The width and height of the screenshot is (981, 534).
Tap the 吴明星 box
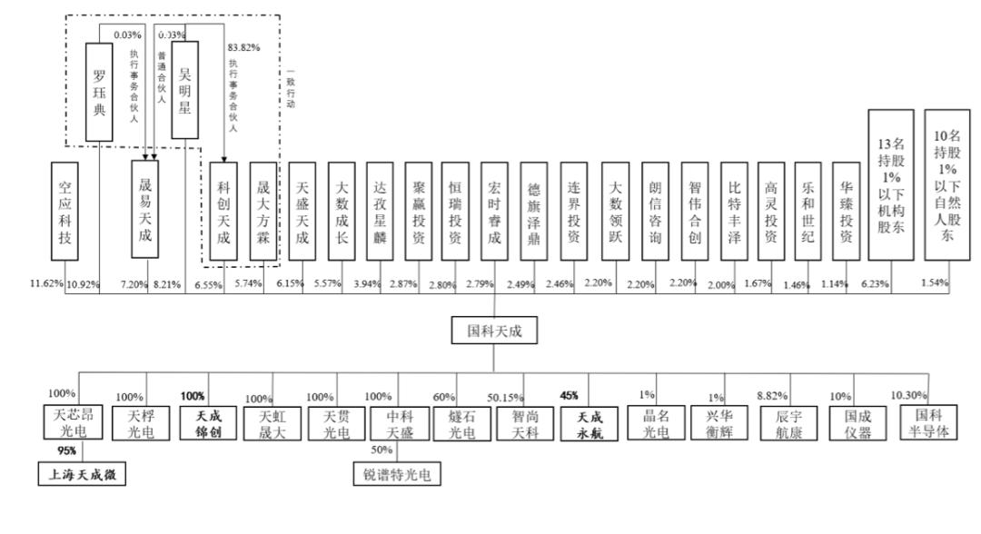coord(184,89)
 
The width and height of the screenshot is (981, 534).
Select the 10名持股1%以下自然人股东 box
coord(946,185)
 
